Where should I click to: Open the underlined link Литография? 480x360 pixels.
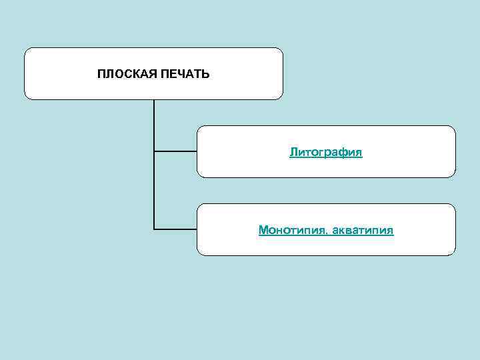(326, 153)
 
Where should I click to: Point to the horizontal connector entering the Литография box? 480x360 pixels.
(175, 151)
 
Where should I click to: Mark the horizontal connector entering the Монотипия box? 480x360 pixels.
(175, 229)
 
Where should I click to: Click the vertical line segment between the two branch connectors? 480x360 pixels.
(154, 191)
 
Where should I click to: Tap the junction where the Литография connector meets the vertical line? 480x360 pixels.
(154, 151)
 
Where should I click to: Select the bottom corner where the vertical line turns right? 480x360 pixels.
(154, 229)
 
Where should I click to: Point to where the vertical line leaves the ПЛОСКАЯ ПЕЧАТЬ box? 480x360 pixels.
(154, 101)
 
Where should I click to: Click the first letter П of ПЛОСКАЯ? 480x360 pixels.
(101, 74)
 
